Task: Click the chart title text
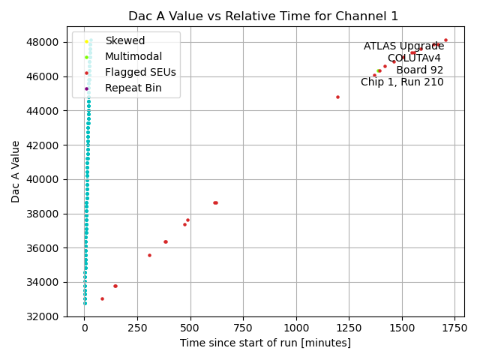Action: pos(263,16)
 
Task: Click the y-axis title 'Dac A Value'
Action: pos(16,171)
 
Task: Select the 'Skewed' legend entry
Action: pos(124,40)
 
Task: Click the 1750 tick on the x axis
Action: pos(454,328)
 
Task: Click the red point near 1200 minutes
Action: pos(337,97)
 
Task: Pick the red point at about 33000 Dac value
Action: pos(102,298)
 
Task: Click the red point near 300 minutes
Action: pos(149,255)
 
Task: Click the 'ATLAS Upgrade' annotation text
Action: pos(403,46)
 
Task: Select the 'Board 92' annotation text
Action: pos(419,70)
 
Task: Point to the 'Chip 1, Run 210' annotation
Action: pos(402,82)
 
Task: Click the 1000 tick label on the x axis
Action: pos(296,328)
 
